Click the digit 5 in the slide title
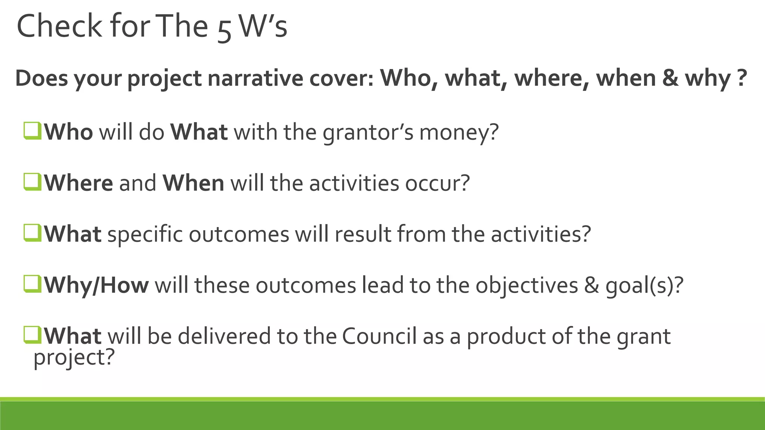224,30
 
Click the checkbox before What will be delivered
32,335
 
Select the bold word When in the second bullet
193,183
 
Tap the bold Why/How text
96,286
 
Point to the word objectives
526,286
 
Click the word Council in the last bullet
379,336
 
